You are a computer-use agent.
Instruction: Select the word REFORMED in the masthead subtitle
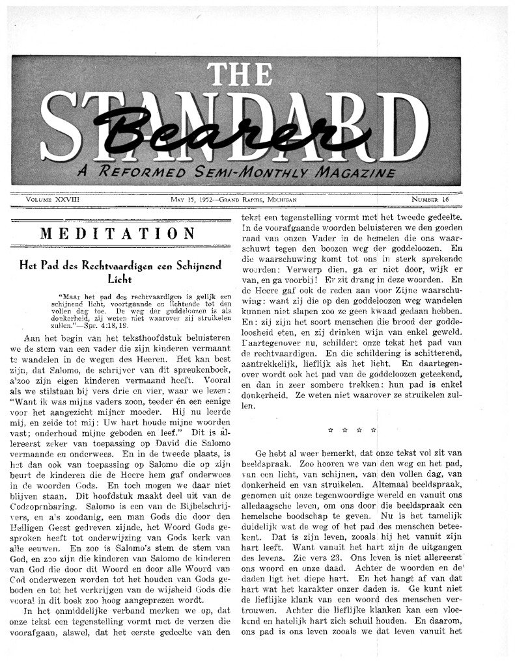tap(135, 172)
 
